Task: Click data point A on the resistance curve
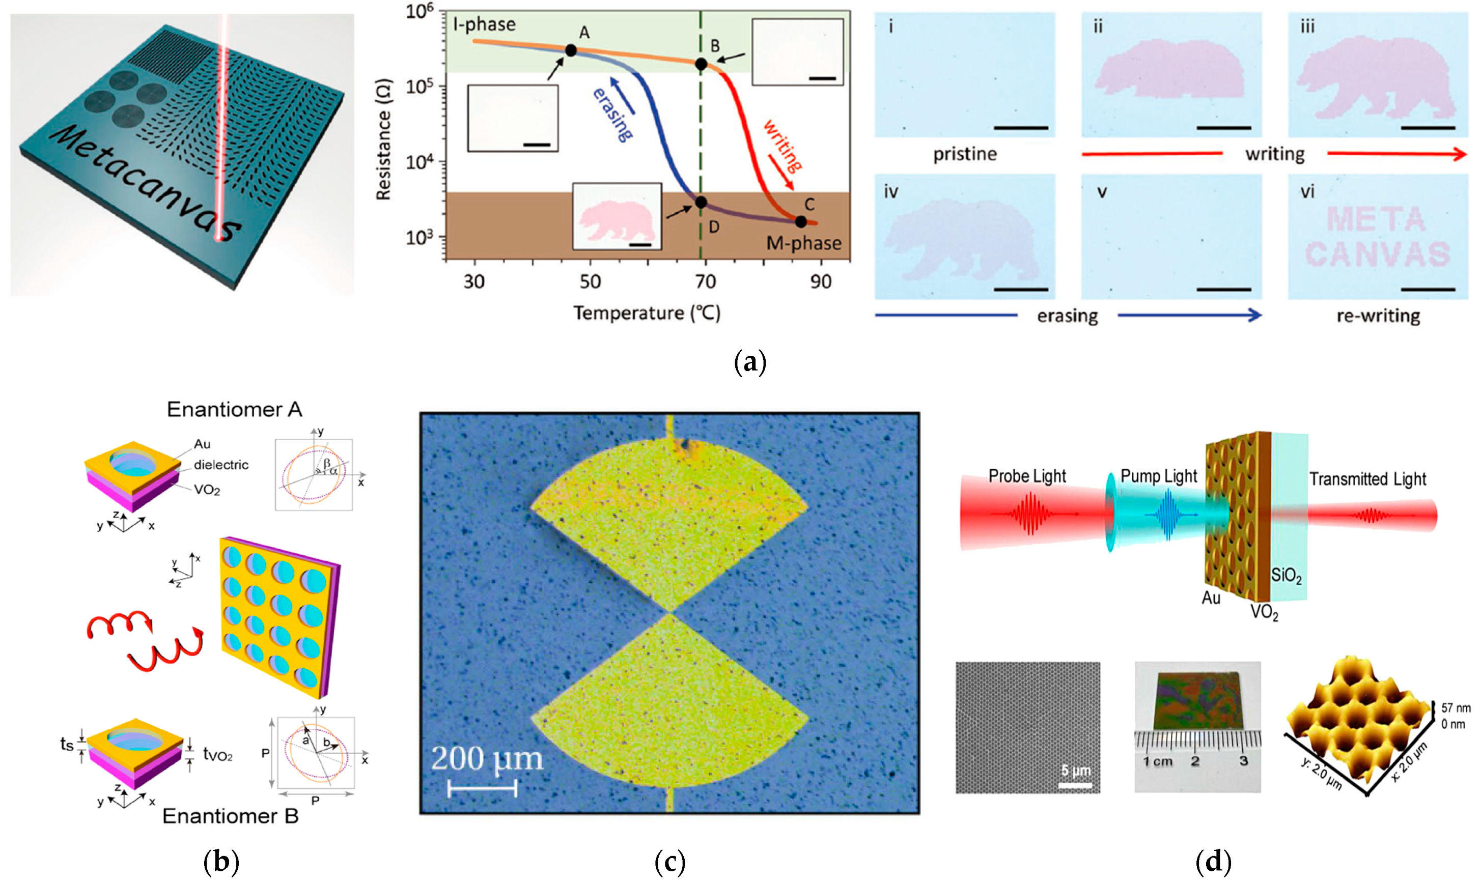570,50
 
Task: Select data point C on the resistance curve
801,221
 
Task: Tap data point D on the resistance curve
701,203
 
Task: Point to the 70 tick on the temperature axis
706,281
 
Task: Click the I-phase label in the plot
484,24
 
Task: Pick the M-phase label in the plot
803,243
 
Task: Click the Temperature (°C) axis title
647,313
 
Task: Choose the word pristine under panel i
964,154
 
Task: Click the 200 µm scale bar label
487,759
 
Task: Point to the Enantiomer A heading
235,409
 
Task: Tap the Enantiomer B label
230,816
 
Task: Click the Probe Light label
1027,476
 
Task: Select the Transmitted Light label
1367,479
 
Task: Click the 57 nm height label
1456,708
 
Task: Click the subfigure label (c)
669,861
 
